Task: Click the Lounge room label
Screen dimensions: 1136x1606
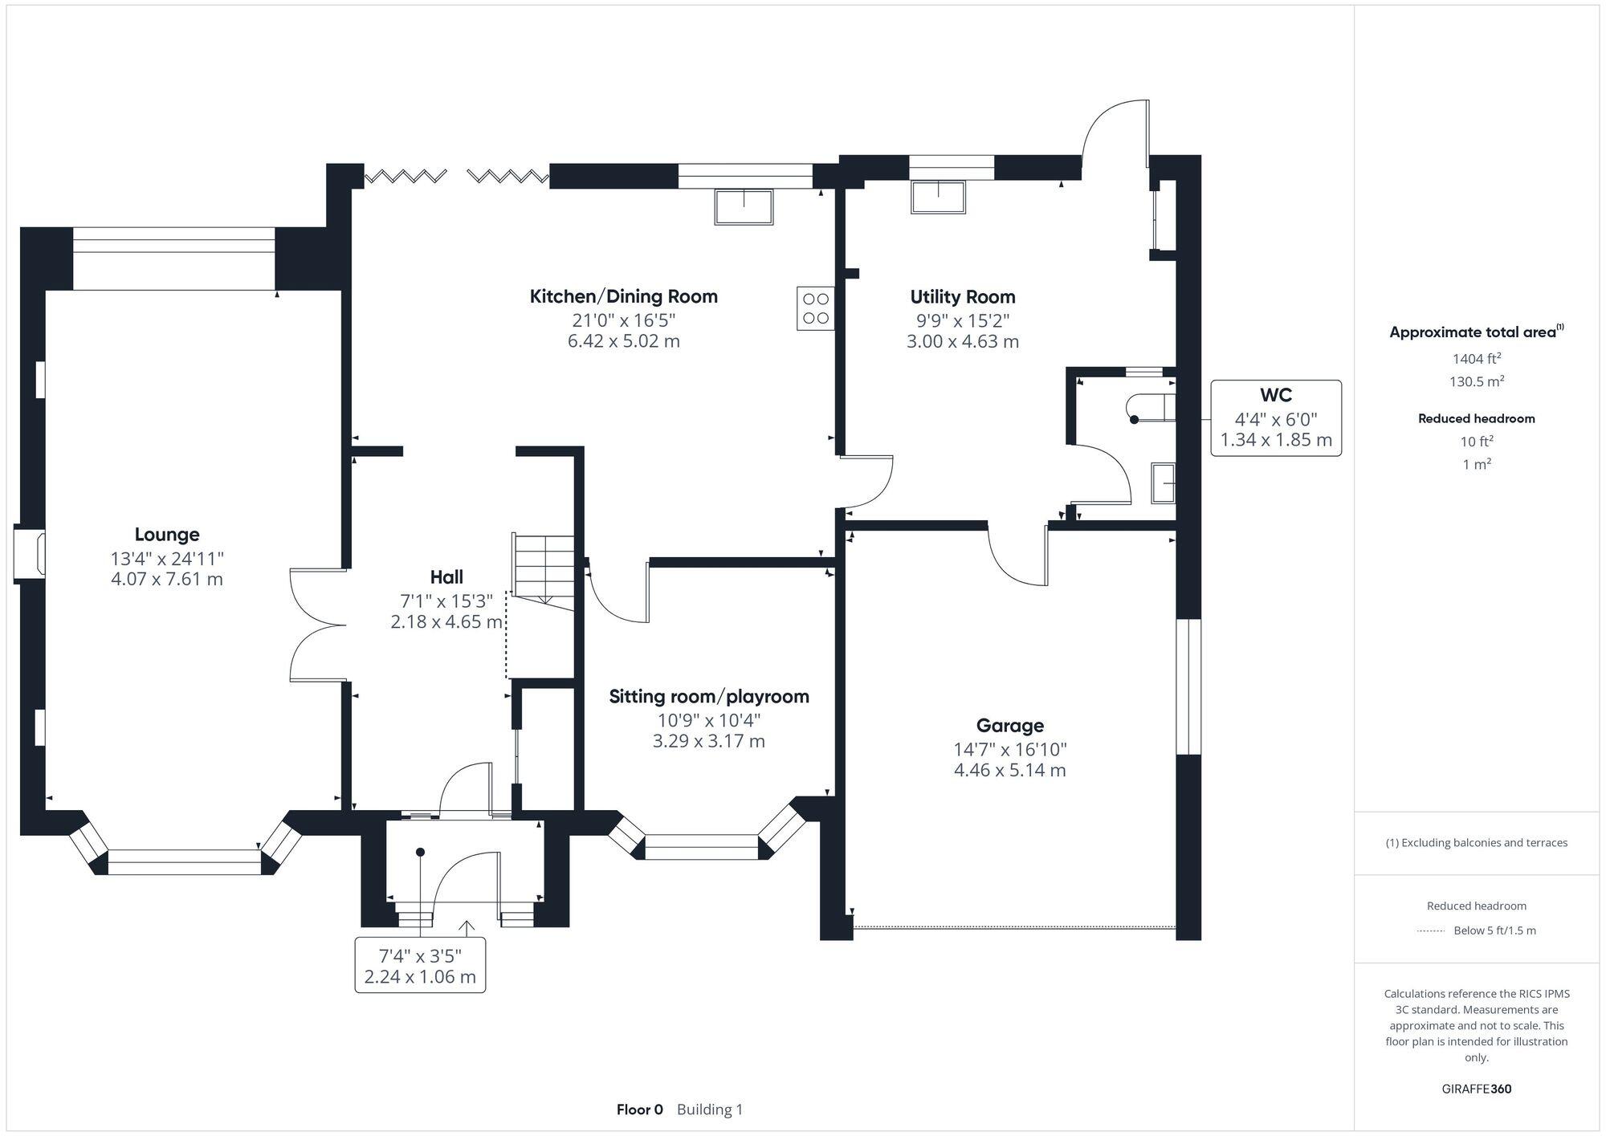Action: click(x=167, y=535)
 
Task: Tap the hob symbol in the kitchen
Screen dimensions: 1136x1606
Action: click(x=815, y=308)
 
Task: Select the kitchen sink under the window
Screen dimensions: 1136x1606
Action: click(x=744, y=206)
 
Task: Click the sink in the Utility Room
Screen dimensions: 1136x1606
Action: click(x=938, y=197)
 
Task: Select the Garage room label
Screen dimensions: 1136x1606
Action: click(x=1009, y=726)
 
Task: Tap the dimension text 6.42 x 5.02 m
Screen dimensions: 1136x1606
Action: click(x=623, y=341)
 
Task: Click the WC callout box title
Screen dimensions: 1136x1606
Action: click(x=1275, y=395)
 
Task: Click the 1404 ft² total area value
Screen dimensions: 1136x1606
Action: click(x=1476, y=359)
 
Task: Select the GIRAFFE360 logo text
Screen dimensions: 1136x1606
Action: click(x=1476, y=1089)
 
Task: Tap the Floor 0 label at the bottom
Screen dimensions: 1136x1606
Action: click(x=639, y=1110)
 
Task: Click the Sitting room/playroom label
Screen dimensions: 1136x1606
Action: click(x=708, y=697)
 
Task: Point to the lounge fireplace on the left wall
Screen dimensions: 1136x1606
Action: click(x=30, y=553)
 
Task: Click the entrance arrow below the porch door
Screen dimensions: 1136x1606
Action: click(x=465, y=927)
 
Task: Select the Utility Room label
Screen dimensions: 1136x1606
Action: click(x=962, y=297)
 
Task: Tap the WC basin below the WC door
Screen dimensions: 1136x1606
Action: click(x=1162, y=482)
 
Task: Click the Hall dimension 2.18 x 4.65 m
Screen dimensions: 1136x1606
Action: click(x=446, y=622)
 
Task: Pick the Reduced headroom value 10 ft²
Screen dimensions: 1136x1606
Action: click(x=1476, y=442)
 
